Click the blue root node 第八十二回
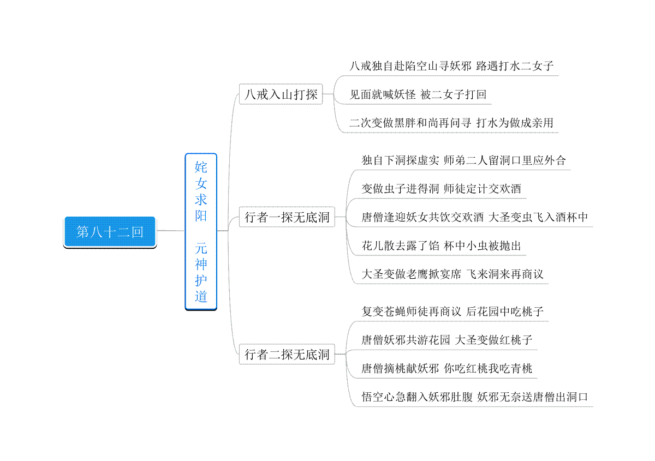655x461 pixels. (110, 232)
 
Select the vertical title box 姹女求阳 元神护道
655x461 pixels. (201, 231)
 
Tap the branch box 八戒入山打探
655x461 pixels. (281, 94)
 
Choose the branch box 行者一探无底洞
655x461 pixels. (287, 217)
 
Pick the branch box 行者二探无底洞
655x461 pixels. (287, 354)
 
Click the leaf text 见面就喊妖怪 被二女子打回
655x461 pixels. (418, 94)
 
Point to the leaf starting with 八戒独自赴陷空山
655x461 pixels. (451, 66)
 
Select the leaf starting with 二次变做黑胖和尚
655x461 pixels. (451, 123)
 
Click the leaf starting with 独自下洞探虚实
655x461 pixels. (463, 160)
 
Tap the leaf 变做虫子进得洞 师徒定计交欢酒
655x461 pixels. (441, 189)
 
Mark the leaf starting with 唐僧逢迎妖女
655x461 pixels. (474, 217)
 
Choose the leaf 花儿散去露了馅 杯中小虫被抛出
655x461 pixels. (441, 246)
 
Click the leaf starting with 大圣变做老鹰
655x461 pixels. (452, 274)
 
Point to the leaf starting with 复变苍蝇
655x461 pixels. (452, 312)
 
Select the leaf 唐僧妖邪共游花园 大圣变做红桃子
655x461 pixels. (447, 340)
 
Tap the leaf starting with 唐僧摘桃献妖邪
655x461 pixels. (447, 368)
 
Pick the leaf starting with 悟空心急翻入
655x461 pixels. (474, 397)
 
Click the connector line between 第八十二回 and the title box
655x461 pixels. (171, 231)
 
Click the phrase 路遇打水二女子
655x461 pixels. (515, 66)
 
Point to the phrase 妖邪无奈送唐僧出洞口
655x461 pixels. (533, 397)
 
